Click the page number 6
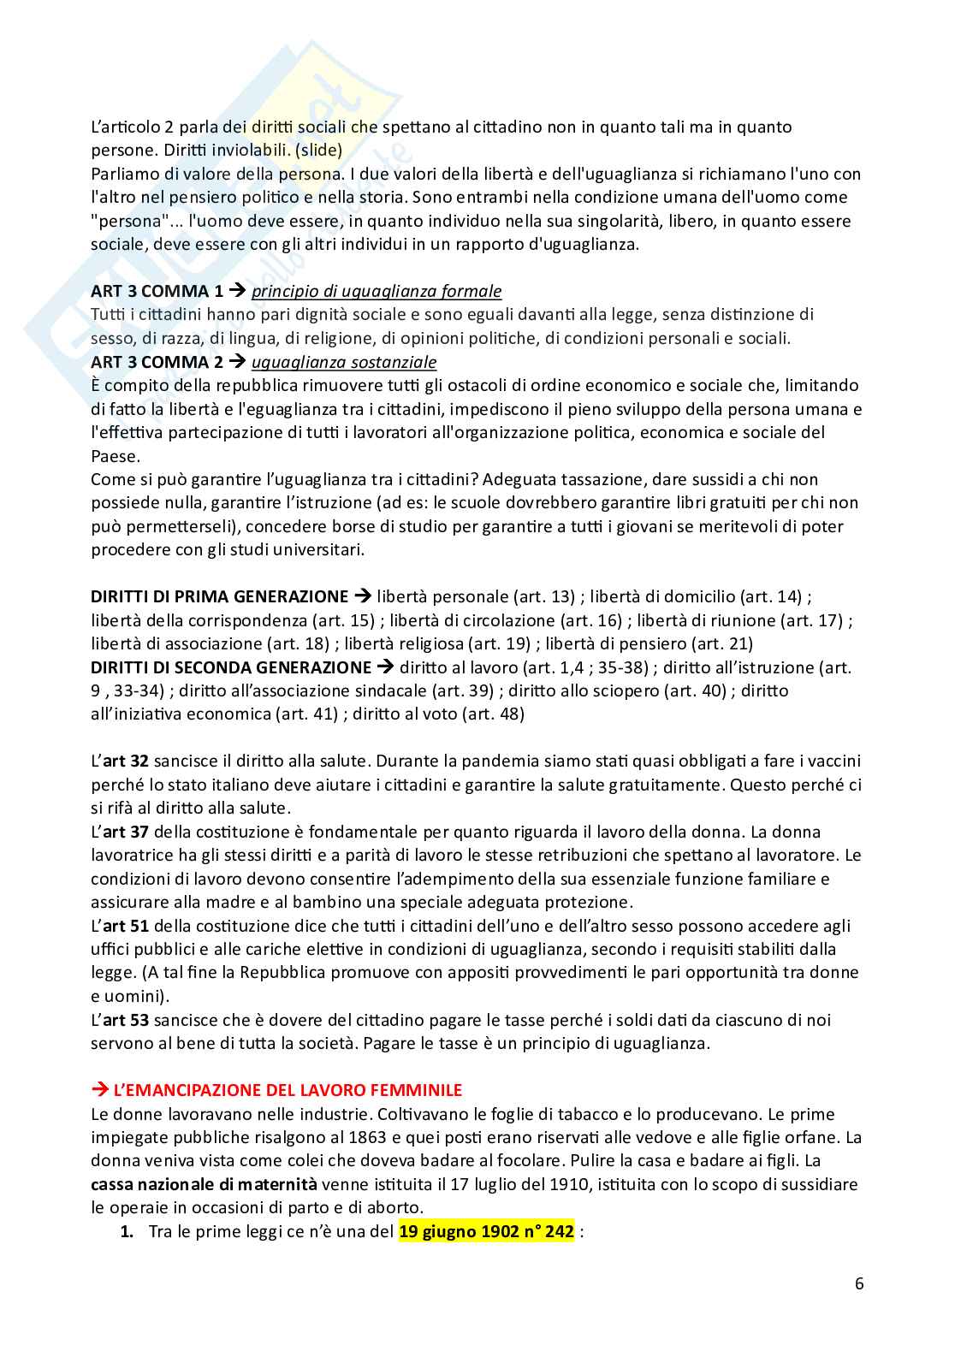click(858, 1283)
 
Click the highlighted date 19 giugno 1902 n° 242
click(485, 1232)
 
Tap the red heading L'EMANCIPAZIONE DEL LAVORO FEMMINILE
click(288, 1090)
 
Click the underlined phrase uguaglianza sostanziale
click(344, 362)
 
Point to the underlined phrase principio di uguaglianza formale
click(376, 292)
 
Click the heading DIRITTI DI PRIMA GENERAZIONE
click(220, 596)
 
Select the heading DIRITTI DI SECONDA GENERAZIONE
click(231, 667)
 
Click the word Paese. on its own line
click(115, 456)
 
